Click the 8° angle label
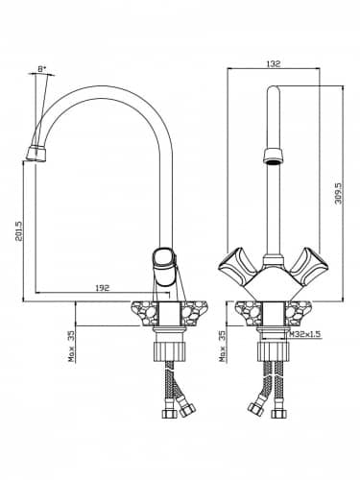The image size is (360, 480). [42, 69]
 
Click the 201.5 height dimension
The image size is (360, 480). [19, 231]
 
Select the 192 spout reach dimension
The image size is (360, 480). [103, 288]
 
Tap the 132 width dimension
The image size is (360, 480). [273, 63]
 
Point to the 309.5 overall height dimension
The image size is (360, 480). [338, 194]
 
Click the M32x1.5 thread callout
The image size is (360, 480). [305, 334]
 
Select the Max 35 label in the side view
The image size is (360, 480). [72, 347]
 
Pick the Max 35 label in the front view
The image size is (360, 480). [223, 347]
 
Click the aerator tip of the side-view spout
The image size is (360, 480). [36, 154]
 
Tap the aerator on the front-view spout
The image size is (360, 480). [273, 156]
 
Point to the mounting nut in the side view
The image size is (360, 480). [169, 351]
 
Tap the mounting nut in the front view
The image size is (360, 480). [274, 351]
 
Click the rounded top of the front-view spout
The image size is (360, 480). [273, 90]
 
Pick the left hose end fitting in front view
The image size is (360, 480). [256, 409]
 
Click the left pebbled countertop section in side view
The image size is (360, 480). [145, 313]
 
